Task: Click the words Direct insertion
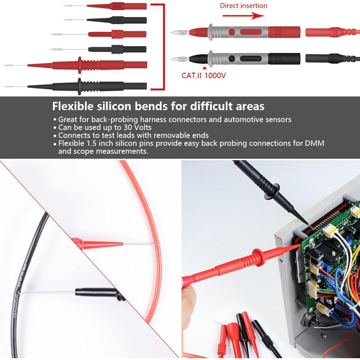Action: pos(244,6)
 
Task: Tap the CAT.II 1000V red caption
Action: pos(203,76)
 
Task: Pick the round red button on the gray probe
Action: pos(232,32)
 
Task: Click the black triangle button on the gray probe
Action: pos(232,58)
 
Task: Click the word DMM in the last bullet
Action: pos(316,143)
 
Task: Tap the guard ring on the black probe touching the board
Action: pos(273,191)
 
